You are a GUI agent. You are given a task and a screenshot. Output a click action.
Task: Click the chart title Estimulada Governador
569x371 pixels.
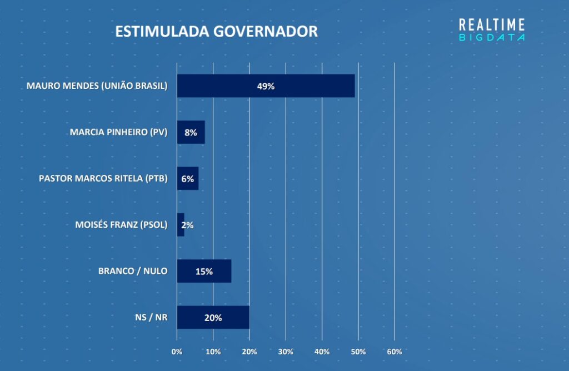216,31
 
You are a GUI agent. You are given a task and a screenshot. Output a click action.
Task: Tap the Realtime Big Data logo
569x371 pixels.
492,29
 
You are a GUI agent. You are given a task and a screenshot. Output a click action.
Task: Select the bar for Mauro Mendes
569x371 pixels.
266,86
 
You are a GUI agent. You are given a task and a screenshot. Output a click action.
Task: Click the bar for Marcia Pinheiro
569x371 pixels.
191,132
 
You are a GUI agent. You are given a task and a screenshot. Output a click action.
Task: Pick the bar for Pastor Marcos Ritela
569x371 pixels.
187,179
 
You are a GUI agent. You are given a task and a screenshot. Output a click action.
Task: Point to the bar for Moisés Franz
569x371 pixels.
181,225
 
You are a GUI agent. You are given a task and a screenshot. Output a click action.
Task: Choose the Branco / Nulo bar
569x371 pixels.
204,271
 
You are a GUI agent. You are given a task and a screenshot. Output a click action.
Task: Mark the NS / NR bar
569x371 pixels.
213,317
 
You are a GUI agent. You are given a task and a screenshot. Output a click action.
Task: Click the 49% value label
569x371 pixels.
266,87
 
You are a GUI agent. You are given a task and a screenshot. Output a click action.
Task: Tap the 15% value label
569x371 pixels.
204,272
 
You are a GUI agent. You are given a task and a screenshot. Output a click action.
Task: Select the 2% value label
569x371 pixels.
187,225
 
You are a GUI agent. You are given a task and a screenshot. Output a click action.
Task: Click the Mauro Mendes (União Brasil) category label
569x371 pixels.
97,86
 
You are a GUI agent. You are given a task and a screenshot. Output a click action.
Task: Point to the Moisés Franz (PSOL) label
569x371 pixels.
121,225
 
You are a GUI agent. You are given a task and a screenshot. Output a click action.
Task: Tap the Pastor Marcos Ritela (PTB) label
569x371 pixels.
103,179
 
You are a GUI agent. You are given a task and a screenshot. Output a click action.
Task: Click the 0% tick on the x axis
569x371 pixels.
177,352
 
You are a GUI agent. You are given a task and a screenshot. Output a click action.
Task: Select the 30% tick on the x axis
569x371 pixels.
286,352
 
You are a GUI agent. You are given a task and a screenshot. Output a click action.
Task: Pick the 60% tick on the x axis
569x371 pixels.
395,352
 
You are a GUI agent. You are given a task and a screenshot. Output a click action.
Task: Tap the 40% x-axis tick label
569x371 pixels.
322,352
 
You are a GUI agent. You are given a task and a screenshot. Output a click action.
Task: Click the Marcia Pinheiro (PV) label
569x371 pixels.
118,132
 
